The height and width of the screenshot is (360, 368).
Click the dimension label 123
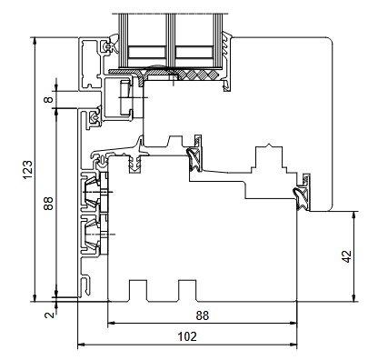tap(27, 169)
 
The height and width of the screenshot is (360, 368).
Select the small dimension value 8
tap(48, 99)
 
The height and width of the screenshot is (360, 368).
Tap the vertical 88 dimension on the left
tap(48, 204)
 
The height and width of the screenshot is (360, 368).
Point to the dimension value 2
tap(49, 315)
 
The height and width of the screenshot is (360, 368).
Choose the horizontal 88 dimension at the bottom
tap(203, 315)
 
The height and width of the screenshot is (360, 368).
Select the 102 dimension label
tap(187, 336)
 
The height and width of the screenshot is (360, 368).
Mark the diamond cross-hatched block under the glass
tap(202, 75)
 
